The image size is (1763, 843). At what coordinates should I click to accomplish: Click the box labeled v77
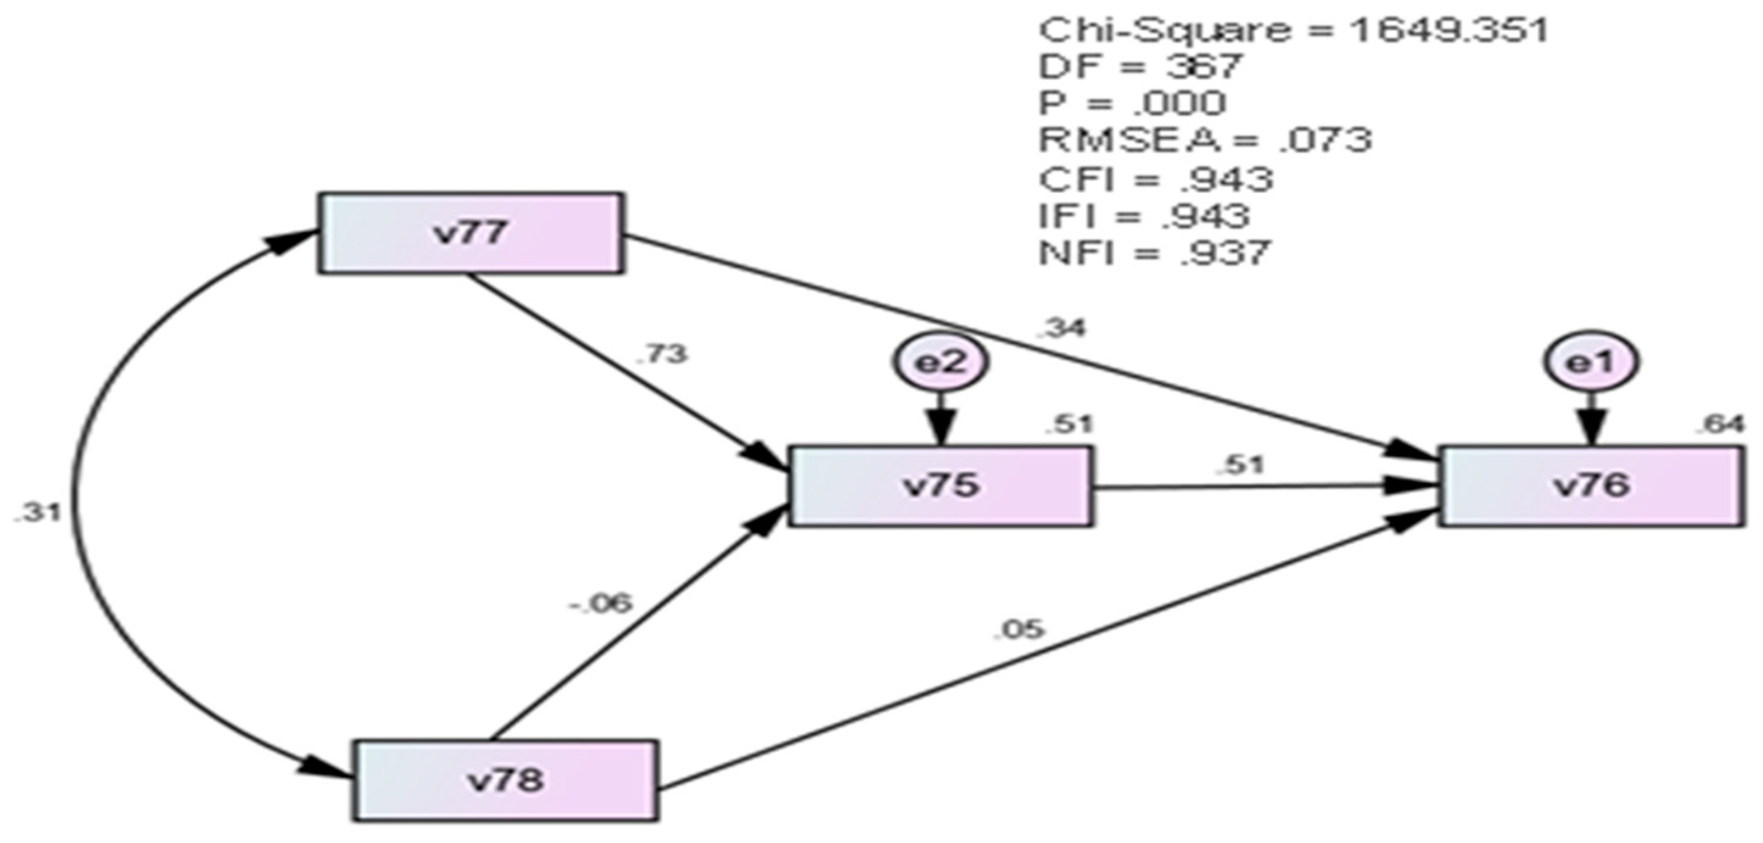click(x=470, y=234)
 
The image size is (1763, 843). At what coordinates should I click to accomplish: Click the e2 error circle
click(x=940, y=363)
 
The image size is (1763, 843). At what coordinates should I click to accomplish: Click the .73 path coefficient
click(x=661, y=355)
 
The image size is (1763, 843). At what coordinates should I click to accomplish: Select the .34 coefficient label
click(x=1061, y=329)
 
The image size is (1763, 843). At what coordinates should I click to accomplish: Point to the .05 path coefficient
click(x=1020, y=628)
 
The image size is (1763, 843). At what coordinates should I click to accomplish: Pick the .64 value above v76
click(x=1719, y=425)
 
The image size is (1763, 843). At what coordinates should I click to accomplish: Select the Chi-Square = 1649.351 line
click(x=1292, y=32)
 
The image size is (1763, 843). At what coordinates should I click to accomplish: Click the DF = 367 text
click(x=1139, y=67)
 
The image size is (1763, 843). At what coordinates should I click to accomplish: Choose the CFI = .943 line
click(x=1155, y=180)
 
